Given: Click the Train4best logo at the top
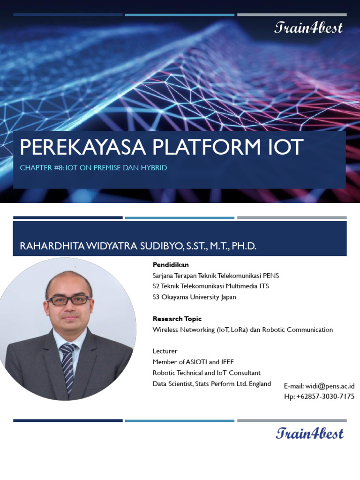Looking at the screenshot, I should coord(308,28).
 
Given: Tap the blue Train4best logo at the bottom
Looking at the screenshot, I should coord(309,433).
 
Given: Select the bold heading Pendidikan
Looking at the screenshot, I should coord(171,265).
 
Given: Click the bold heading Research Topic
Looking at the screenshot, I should coord(177,319).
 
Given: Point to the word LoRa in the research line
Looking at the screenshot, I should coord(239,330).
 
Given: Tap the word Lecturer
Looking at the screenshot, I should coord(165,351).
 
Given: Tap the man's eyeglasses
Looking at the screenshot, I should coord(69,300).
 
